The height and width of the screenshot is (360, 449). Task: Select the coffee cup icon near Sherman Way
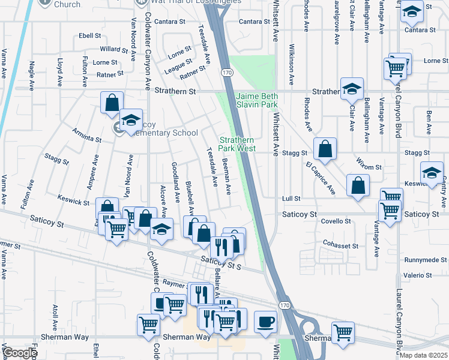point(265,321)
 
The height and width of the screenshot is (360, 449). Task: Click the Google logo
point(20,353)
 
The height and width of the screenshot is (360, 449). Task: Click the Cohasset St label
point(340,245)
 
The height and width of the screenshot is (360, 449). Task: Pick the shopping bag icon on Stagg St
point(325,150)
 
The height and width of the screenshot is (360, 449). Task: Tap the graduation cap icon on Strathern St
point(352,89)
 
